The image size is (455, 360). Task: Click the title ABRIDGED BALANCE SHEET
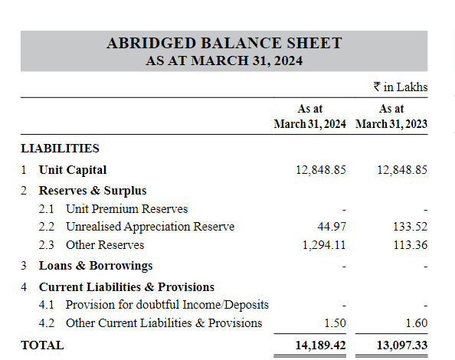(x=224, y=44)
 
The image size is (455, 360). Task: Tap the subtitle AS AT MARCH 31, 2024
(x=224, y=61)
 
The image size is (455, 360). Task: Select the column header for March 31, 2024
(x=309, y=116)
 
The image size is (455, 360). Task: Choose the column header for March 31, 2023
(x=391, y=116)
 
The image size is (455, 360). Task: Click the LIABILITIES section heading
(x=60, y=148)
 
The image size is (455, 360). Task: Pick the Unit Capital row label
(x=73, y=169)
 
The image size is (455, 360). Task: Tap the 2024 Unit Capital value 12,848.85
(x=320, y=169)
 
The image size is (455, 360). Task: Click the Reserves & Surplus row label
(x=93, y=190)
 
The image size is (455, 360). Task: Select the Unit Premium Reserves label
(x=126, y=208)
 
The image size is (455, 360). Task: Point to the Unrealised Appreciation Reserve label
(x=150, y=227)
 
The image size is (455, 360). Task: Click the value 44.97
(x=331, y=227)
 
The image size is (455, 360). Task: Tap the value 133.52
(x=411, y=227)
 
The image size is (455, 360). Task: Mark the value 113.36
(x=411, y=245)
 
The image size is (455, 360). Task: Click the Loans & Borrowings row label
(x=96, y=265)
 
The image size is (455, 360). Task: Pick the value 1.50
(x=335, y=323)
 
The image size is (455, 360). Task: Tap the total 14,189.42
(x=320, y=345)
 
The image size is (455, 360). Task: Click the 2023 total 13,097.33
(x=402, y=345)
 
